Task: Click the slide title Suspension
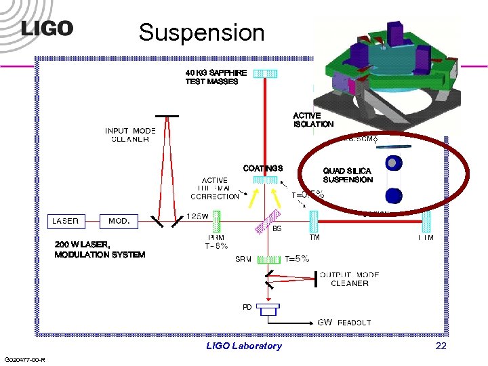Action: click(x=201, y=31)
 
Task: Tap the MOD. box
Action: click(x=119, y=221)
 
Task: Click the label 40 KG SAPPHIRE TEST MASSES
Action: click(x=212, y=77)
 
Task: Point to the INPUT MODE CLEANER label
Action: click(x=130, y=135)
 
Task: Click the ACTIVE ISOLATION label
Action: click(x=313, y=120)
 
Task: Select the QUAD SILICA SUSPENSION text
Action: click(x=348, y=176)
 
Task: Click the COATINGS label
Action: click(x=262, y=167)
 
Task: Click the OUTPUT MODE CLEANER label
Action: click(x=349, y=279)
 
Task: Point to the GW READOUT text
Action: click(x=344, y=323)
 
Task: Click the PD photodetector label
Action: click(x=247, y=307)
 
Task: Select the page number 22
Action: click(x=441, y=346)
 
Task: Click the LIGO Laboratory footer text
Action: click(x=243, y=346)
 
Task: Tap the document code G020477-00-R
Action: click(x=24, y=359)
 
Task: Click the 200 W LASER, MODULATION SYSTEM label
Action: click(x=100, y=249)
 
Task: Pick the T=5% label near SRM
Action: click(x=297, y=258)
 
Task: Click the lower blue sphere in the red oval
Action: click(x=394, y=196)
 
